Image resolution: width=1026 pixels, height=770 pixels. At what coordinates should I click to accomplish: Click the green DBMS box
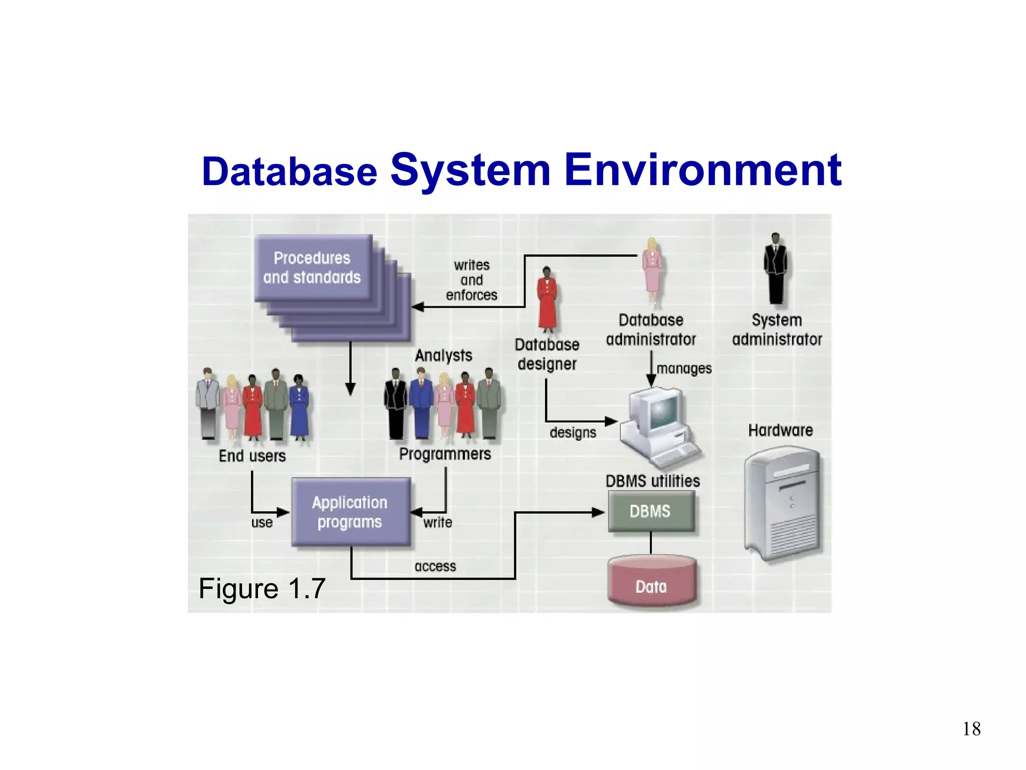pos(651,511)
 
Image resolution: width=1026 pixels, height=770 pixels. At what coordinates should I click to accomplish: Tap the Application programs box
pos(350,512)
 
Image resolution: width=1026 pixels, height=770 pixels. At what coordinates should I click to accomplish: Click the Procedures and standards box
pos(313,268)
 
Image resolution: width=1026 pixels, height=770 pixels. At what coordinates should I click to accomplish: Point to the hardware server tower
pos(782,504)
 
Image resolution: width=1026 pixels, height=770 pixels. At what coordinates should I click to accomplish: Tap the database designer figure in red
pos(547,299)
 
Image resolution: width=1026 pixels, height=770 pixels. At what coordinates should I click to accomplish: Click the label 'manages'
pos(684,368)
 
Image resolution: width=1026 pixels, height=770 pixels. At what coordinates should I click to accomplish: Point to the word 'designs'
pos(573,433)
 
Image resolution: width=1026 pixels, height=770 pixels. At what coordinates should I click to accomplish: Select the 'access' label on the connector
pos(435,566)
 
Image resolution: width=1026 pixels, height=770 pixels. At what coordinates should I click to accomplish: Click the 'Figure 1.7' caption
pos(262,589)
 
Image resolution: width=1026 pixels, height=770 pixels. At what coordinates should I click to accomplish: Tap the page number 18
pos(971,729)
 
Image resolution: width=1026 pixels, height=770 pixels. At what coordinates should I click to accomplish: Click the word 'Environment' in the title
pos(702,170)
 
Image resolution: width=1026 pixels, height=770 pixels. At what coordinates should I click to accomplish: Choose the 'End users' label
pos(252,456)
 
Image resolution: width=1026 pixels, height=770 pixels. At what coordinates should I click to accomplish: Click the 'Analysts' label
pos(443,355)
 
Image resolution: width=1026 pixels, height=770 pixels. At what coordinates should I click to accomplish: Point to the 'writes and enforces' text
pos(471,280)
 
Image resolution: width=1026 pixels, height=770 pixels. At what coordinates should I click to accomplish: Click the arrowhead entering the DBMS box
pos(598,512)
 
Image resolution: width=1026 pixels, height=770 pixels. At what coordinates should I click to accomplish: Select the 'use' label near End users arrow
pos(262,523)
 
